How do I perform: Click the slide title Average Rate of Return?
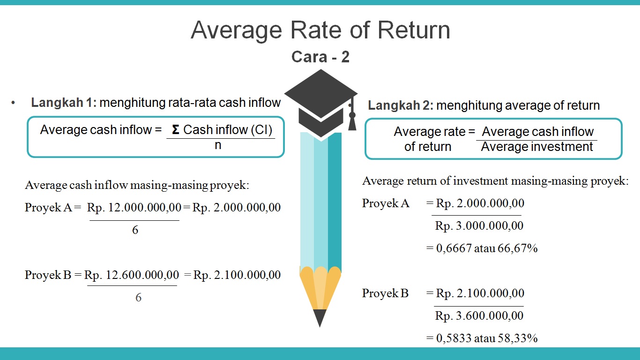[320, 30]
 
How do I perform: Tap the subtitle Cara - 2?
[320, 57]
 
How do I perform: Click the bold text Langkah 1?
[63, 103]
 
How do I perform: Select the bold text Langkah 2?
[401, 105]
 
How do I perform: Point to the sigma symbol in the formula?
[176, 130]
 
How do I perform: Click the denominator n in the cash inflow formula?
[218, 145]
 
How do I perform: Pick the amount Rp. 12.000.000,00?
[134, 208]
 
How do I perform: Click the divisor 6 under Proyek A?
[135, 230]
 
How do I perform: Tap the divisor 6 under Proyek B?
[138, 298]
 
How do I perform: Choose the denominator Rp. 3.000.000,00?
[479, 225]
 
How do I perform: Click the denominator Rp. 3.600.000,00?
[479, 316]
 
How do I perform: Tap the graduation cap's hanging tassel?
[352, 120]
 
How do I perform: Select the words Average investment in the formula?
[537, 147]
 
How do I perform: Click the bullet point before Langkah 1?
[14, 103]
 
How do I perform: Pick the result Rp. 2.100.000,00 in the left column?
[237, 275]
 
